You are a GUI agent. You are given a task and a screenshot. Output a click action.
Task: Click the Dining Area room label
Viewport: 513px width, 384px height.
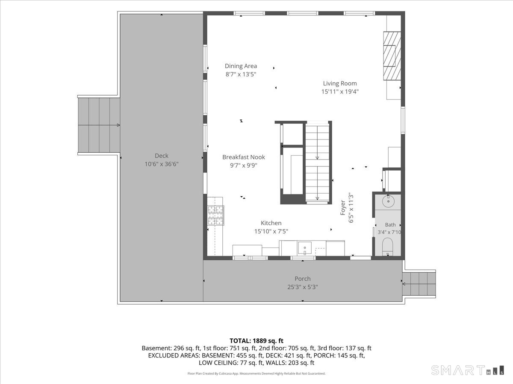241,66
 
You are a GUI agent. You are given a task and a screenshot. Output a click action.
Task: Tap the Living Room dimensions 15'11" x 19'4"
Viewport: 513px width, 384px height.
340,92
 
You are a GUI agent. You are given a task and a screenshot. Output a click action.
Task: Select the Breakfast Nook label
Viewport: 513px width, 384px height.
244,157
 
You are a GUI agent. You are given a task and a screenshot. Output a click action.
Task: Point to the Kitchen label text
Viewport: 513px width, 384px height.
271,223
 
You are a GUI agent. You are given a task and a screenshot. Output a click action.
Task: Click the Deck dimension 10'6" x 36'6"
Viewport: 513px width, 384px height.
162,164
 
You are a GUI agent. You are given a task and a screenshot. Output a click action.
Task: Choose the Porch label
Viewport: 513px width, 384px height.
303,279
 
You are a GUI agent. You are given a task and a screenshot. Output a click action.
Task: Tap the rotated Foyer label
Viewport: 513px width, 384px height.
343,207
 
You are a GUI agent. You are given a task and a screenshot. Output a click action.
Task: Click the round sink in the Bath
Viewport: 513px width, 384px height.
388,201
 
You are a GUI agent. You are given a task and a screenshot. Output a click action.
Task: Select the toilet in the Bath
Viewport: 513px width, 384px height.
388,247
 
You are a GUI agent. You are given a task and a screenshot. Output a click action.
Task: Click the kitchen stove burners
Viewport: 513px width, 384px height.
215,215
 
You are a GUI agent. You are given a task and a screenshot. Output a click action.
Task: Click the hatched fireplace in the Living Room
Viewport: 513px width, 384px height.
392,56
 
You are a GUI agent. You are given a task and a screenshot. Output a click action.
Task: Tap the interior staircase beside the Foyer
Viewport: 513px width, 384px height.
317,163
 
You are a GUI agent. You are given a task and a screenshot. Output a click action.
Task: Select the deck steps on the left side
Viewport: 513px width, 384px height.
99,125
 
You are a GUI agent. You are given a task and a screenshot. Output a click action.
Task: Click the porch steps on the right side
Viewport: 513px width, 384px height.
419,284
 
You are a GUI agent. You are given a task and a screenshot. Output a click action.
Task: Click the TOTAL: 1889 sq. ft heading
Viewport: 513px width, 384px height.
256,341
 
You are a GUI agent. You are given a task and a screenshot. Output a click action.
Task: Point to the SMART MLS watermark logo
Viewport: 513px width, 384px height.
467,370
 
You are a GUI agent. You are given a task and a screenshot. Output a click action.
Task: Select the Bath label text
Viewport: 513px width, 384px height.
390,225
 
